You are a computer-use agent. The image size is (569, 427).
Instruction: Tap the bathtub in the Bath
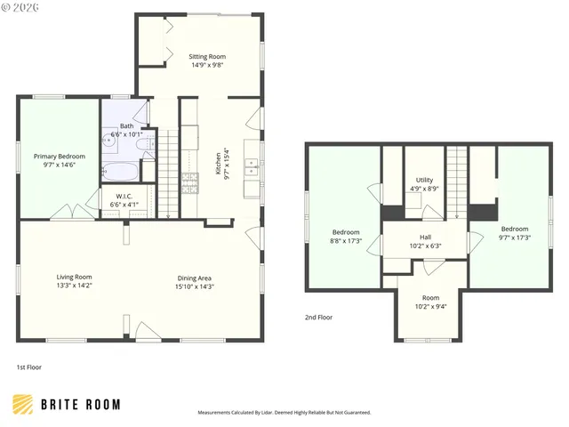click(x=119, y=172)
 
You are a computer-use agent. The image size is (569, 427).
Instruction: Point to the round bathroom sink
click(x=110, y=141)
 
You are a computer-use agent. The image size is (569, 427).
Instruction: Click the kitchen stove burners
click(x=189, y=182)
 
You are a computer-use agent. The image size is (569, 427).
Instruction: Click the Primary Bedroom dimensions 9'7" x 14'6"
click(x=60, y=165)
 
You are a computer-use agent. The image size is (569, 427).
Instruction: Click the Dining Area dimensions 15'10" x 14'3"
click(x=194, y=286)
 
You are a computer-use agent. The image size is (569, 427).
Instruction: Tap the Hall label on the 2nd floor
click(x=425, y=238)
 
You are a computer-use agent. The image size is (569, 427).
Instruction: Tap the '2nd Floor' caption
click(x=318, y=317)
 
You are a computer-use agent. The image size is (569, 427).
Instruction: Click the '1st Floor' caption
click(x=28, y=367)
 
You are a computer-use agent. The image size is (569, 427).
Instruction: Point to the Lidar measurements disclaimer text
click(x=284, y=413)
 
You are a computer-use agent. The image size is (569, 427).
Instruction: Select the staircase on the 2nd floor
click(x=457, y=182)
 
